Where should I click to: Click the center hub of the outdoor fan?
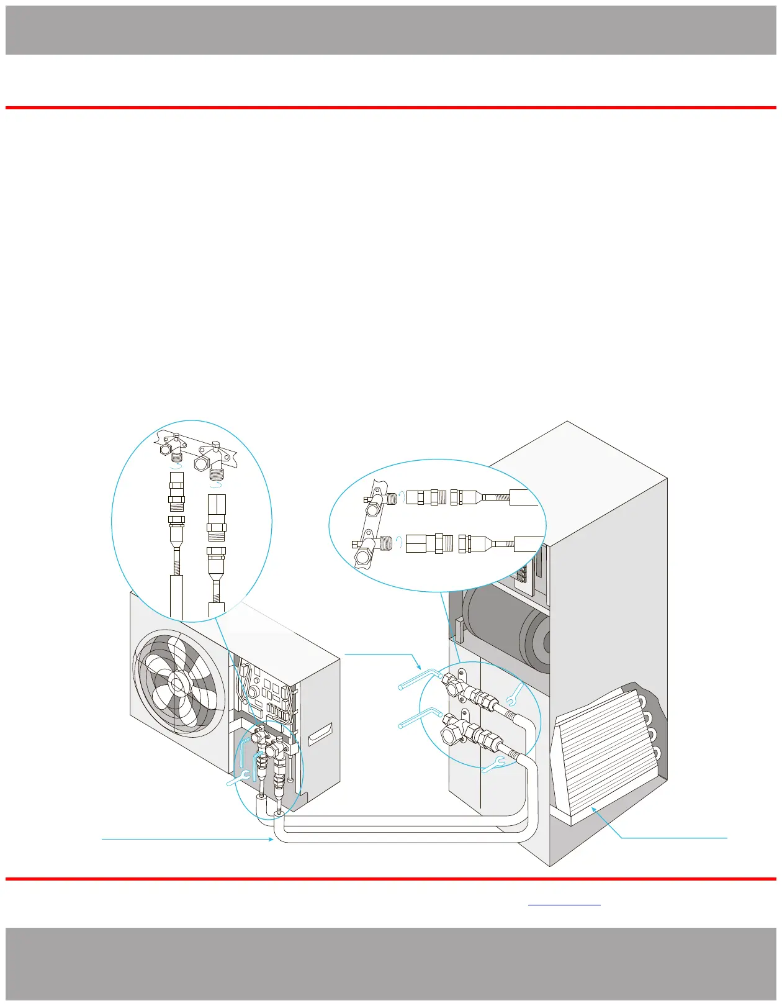(x=177, y=684)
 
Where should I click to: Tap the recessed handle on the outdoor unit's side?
(x=320, y=733)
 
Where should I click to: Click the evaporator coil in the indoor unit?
(x=605, y=754)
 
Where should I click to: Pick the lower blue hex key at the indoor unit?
(x=419, y=717)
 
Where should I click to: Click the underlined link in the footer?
(x=564, y=904)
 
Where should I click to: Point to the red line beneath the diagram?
(x=391, y=879)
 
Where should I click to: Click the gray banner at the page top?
(x=391, y=30)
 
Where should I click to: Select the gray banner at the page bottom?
(x=391, y=963)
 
